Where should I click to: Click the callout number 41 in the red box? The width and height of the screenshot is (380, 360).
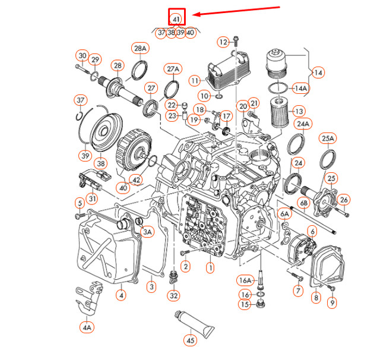(176, 19)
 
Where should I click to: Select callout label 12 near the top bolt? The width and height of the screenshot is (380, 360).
(223, 42)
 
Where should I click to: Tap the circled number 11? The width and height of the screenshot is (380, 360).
(195, 80)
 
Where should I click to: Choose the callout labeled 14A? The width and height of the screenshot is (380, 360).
(302, 89)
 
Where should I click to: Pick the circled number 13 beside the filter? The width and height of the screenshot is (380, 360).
(298, 111)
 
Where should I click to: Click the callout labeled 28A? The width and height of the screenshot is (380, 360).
(140, 48)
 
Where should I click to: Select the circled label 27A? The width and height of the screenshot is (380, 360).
(173, 69)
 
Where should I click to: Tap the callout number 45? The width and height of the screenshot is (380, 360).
(190, 341)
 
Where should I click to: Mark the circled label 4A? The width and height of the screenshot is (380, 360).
(88, 327)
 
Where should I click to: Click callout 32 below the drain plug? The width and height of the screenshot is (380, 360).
(173, 295)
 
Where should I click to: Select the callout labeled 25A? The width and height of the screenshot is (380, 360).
(328, 139)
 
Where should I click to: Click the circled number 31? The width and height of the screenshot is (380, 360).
(93, 198)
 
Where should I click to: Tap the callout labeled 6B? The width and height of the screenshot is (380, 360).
(303, 203)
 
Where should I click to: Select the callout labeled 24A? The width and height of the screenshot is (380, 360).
(303, 124)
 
